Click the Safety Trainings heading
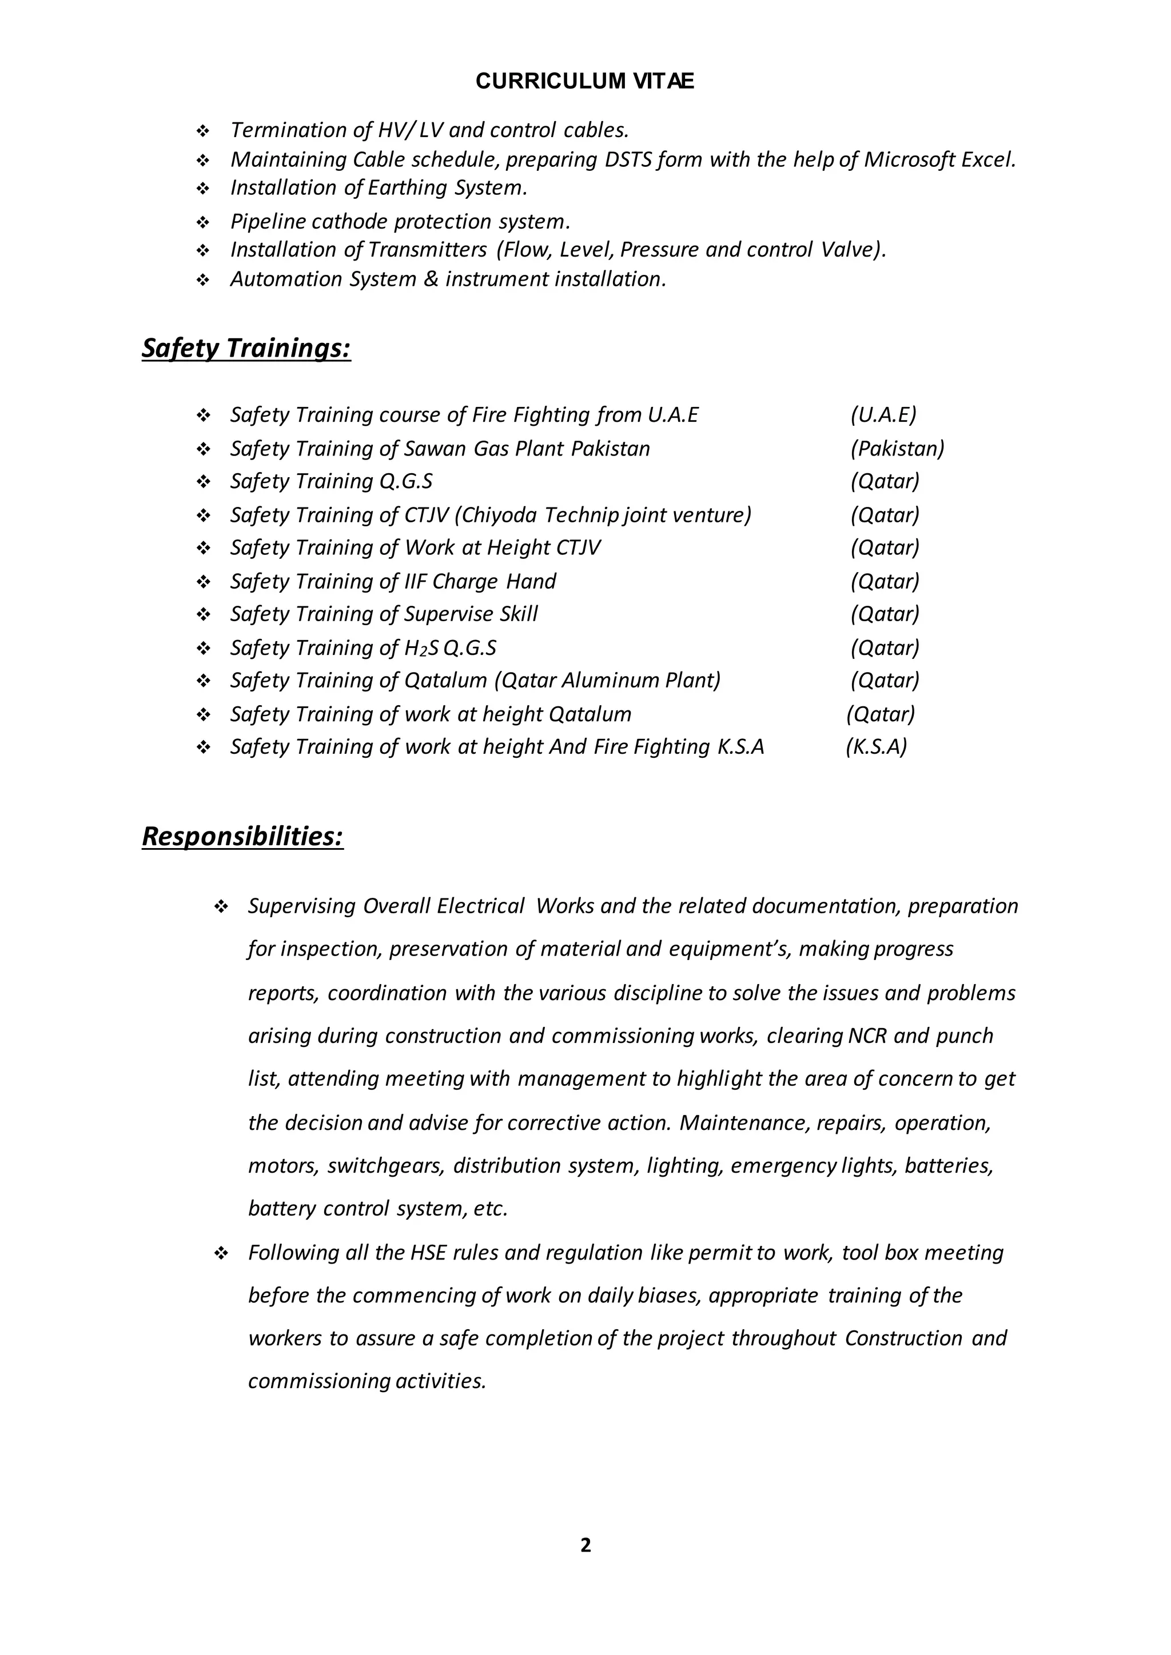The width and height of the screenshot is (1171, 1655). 246,348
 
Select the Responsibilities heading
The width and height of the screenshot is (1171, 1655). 242,836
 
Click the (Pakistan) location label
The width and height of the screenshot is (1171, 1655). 897,449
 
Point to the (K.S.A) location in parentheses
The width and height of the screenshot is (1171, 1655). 876,747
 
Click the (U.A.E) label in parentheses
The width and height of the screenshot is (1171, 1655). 883,415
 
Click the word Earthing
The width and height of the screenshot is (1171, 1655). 408,188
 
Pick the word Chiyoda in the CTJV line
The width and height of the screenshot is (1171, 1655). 497,515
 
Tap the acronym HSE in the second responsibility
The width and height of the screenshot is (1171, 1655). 428,1253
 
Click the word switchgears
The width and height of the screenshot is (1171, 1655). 385,1166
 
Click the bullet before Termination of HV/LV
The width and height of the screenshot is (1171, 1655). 202,131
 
